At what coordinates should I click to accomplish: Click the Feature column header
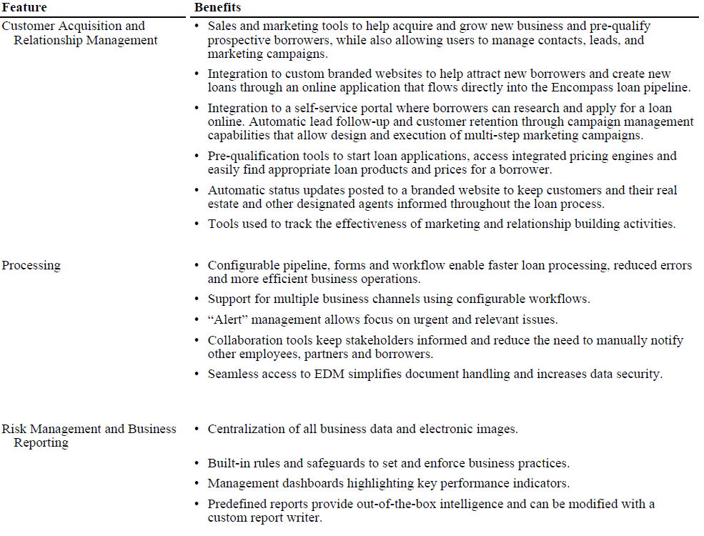[x=24, y=8]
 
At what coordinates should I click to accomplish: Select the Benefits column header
[x=217, y=8]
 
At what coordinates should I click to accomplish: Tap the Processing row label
[x=31, y=266]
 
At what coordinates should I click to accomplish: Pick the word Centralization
[x=247, y=430]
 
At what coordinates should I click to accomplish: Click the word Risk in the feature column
[x=14, y=430]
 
